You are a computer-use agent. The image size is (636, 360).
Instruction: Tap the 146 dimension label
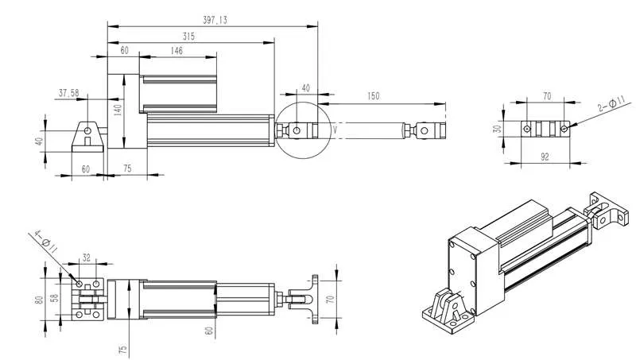tap(176, 50)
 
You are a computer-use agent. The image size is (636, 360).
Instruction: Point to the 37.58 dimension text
tap(69, 92)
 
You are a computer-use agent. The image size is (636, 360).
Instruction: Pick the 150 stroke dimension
tap(374, 96)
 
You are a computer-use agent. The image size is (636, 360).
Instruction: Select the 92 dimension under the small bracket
tap(546, 157)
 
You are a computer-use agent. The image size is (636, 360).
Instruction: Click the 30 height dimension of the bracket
tap(497, 129)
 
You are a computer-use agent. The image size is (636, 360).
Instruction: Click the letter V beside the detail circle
tap(335, 128)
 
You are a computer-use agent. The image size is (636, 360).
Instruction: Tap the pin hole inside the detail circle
tap(297, 129)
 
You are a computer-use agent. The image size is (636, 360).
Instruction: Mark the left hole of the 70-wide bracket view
tap(526, 128)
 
